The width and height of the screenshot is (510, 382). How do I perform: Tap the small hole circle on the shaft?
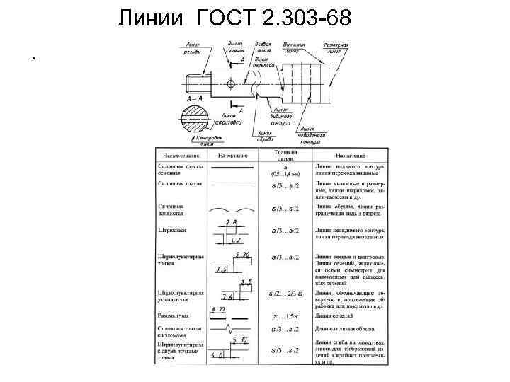click(x=232, y=84)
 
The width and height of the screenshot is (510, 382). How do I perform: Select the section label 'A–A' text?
click(x=194, y=98)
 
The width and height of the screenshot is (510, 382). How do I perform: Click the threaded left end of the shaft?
click(x=195, y=85)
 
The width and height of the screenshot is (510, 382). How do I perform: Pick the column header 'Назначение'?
click(x=351, y=154)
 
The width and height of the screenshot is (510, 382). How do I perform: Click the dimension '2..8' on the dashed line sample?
click(x=232, y=222)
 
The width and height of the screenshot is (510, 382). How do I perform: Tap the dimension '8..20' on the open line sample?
click(x=219, y=310)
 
